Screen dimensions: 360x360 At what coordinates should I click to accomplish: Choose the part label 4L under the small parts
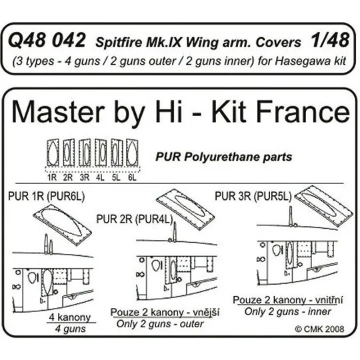tap(100, 177)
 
